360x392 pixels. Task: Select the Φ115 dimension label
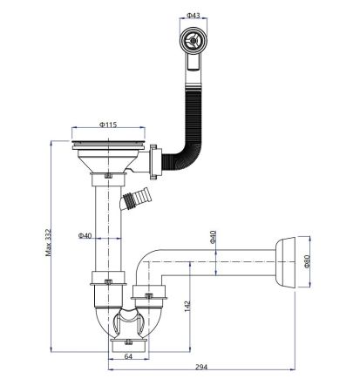[x=107, y=125]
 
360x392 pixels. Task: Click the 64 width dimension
[x=126, y=356]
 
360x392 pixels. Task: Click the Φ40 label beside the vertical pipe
[x=85, y=236]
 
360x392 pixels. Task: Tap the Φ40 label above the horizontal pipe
[x=213, y=237]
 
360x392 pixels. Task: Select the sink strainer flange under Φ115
[x=108, y=140]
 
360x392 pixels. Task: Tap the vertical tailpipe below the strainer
[x=107, y=226]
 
